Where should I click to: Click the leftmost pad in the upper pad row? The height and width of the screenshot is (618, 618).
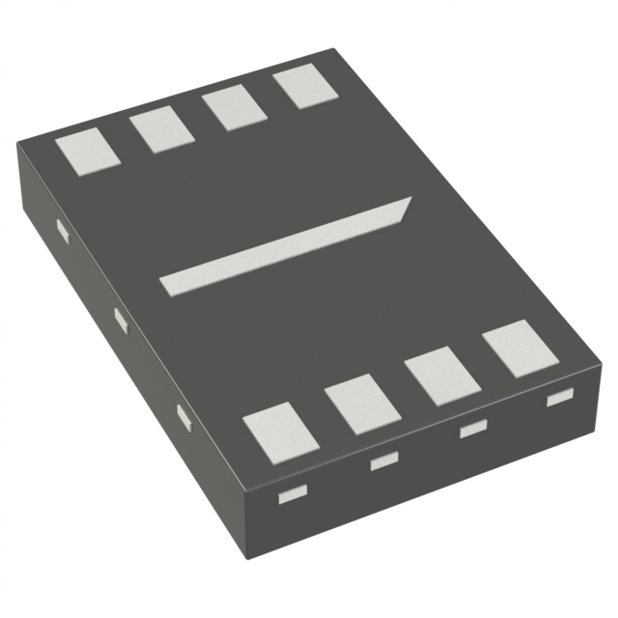[86, 153]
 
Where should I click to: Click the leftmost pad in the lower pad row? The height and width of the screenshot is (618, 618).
[280, 432]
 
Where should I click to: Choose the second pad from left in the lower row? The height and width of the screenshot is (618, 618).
[362, 405]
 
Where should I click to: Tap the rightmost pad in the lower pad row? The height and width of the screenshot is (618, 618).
[521, 348]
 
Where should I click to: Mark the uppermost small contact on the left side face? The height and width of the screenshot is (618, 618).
[62, 231]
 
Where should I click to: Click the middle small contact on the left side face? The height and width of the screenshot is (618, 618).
[121, 320]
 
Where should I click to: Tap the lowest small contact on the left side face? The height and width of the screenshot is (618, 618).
[183, 417]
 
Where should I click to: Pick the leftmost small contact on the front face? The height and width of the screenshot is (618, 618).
[291, 496]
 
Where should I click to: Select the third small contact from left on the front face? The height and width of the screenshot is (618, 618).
[471, 430]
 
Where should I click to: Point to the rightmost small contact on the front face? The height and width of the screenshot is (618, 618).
[558, 397]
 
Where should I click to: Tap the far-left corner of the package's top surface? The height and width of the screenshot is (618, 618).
[19, 143]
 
